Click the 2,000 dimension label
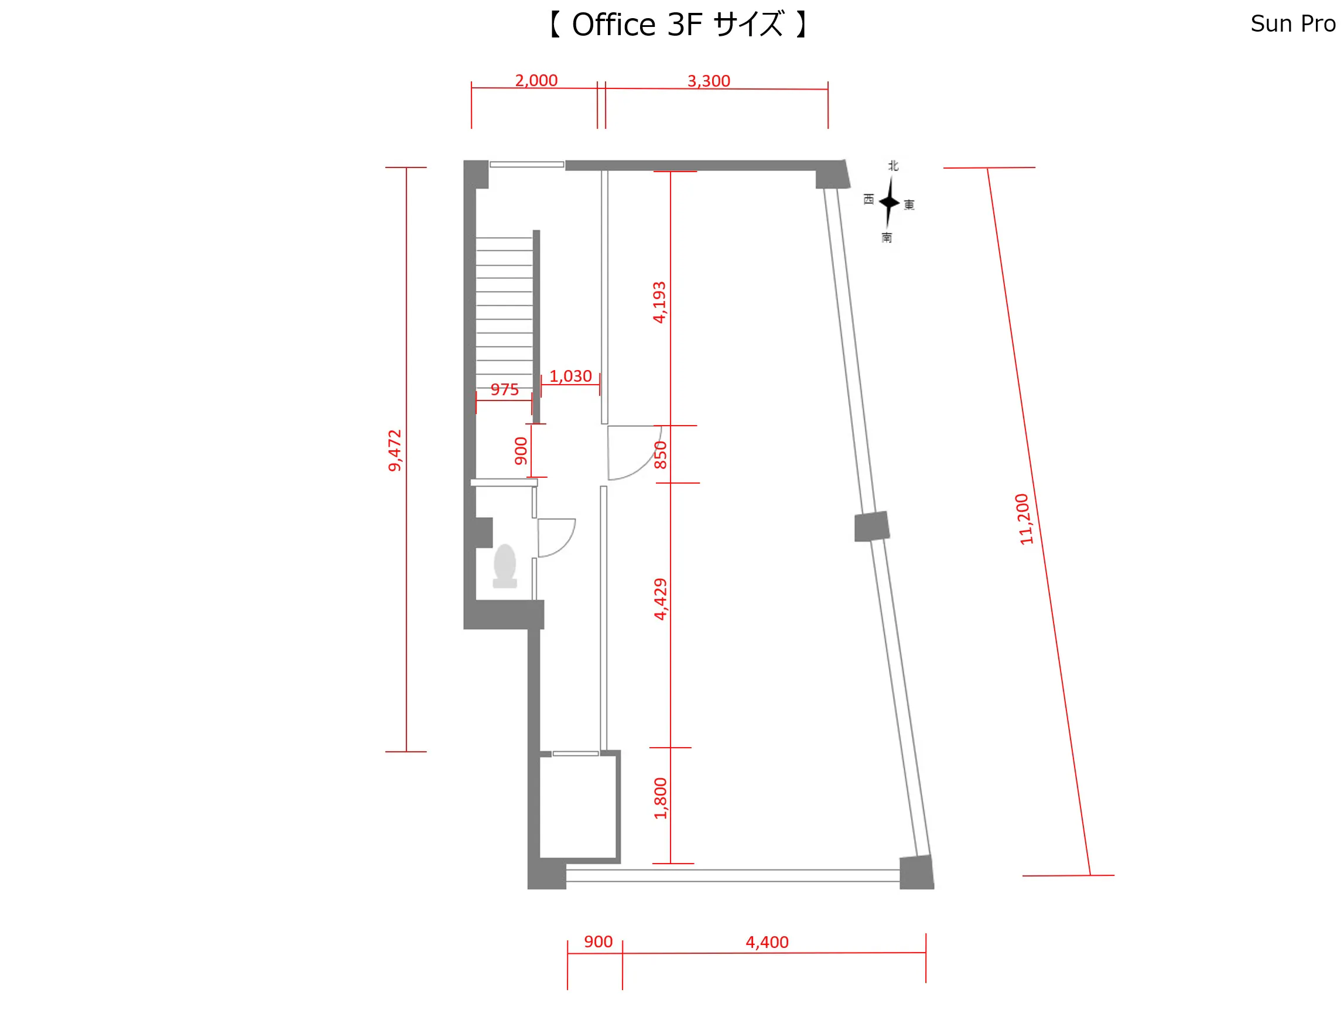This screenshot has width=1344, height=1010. pyautogui.click(x=536, y=80)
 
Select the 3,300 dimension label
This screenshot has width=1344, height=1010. pyautogui.click(x=709, y=81)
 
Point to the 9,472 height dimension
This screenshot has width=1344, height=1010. pyautogui.click(x=395, y=450)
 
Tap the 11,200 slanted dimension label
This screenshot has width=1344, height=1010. pyautogui.click(x=1024, y=519)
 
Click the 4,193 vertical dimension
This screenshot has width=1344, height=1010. pyautogui.click(x=659, y=302)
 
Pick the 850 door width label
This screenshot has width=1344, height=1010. pyautogui.click(x=661, y=455)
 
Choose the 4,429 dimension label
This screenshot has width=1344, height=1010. pyautogui.click(x=661, y=599)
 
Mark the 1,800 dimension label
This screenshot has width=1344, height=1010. pyautogui.click(x=661, y=798)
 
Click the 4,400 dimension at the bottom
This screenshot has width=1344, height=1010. pyautogui.click(x=767, y=942)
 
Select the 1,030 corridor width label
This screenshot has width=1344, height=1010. pyautogui.click(x=570, y=376)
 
